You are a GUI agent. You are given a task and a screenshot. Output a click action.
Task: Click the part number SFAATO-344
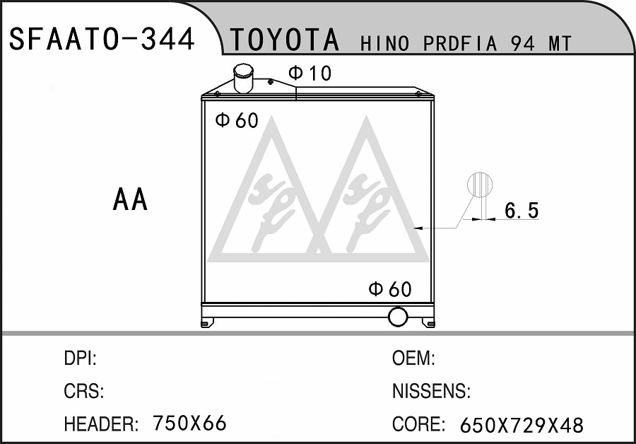[102, 39]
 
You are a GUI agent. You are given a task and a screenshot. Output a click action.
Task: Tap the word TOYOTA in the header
[285, 40]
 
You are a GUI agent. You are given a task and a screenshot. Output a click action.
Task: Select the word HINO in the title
[385, 44]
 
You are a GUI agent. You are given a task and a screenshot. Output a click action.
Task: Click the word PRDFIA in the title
[460, 44]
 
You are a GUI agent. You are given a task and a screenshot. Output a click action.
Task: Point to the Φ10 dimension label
[310, 74]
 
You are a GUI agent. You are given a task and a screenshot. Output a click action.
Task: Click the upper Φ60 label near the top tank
[237, 120]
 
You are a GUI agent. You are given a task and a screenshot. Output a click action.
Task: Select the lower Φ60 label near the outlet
[390, 289]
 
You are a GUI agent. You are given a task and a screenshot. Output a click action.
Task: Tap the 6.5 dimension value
[522, 210]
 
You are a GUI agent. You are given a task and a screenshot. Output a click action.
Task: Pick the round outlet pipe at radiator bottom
[397, 317]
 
